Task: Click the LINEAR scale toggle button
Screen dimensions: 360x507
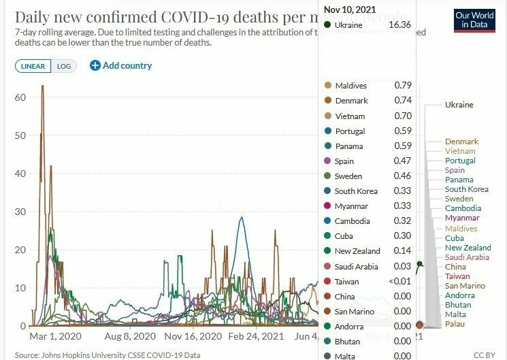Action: tap(33, 66)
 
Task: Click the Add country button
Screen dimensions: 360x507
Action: tap(121, 66)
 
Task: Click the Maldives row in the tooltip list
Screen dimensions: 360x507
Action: tap(350, 86)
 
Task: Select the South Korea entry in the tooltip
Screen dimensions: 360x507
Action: tap(356, 191)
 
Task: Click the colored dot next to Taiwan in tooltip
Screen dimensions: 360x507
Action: tap(328, 281)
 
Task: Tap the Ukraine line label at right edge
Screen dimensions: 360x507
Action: tap(459, 105)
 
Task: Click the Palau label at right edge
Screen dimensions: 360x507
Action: tap(455, 325)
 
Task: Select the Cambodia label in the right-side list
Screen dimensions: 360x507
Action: tap(463, 208)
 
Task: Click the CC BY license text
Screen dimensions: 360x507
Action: tap(484, 355)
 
